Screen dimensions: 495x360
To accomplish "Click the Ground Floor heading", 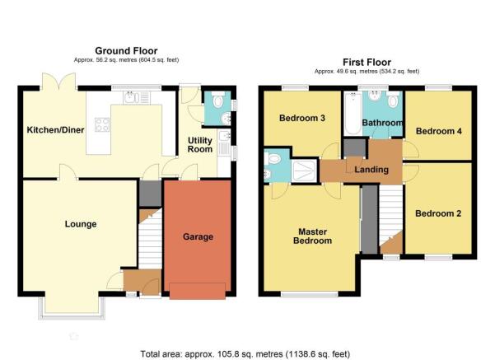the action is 126,51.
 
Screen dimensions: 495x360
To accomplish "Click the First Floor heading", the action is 367,63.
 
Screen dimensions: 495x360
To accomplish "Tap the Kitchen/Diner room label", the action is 55,130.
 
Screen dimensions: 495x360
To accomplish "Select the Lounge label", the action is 81,224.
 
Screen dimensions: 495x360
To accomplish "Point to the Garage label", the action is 198,237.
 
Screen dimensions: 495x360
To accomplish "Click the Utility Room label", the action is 200,145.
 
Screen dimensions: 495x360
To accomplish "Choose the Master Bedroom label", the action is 312,236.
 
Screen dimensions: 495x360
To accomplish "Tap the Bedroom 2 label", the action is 438,213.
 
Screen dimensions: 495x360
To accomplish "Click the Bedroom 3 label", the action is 302,118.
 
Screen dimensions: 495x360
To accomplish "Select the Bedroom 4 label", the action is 439,131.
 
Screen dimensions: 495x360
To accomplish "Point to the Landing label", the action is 371,170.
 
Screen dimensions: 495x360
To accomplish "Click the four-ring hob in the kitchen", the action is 102,124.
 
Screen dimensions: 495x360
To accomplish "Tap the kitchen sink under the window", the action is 137,97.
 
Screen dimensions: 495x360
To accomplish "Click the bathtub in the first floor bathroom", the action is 353,114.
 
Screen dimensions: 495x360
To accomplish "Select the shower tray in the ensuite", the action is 303,171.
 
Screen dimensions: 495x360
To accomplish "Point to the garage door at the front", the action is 198,291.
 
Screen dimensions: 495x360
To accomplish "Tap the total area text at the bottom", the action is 245,354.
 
